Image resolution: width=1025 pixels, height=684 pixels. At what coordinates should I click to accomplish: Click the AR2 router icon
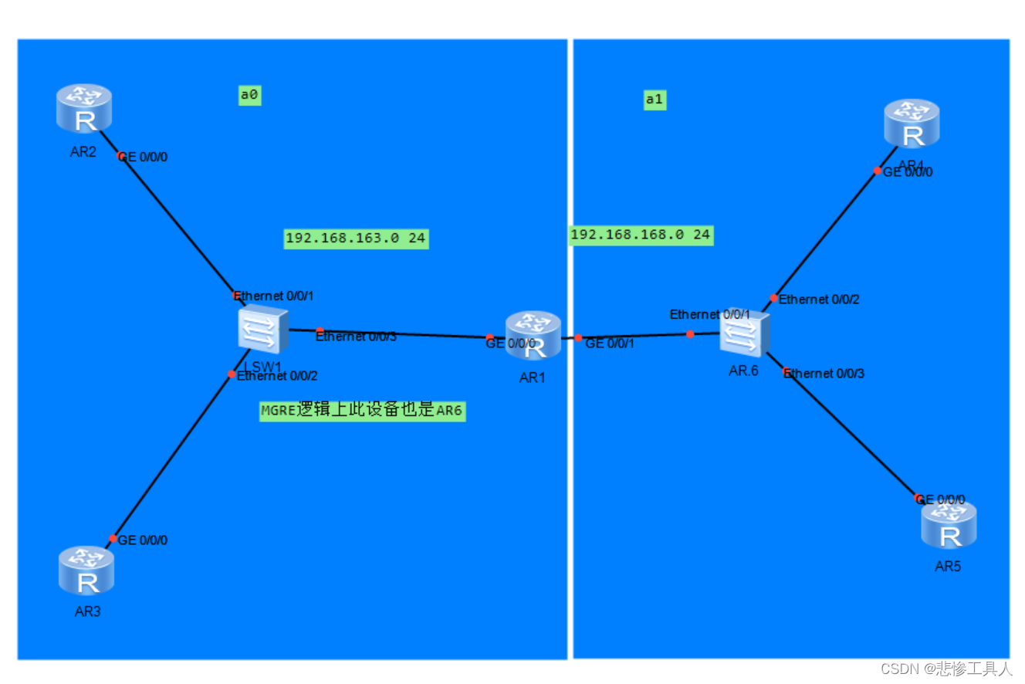tap(84, 109)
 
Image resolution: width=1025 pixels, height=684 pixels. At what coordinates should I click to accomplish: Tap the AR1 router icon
tap(533, 335)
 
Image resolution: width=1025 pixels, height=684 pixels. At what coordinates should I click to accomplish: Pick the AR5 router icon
tap(949, 525)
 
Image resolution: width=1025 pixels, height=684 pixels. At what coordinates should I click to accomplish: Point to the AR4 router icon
tap(912, 125)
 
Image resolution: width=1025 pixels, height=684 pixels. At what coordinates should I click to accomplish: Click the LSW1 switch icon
tap(262, 330)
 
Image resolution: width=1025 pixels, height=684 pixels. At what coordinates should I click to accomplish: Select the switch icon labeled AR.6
tap(745, 334)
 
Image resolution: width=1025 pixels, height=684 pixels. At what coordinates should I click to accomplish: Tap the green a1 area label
tap(655, 99)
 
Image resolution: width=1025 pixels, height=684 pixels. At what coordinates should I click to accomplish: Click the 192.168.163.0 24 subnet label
tap(356, 239)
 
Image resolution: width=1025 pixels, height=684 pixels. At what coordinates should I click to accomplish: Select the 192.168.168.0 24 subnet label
tap(641, 235)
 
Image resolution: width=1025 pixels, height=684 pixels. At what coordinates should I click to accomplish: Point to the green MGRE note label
tap(362, 410)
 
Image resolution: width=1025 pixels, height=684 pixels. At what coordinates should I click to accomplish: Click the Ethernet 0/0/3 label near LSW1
tap(356, 336)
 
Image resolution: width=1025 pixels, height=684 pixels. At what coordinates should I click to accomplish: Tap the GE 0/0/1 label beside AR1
tap(610, 344)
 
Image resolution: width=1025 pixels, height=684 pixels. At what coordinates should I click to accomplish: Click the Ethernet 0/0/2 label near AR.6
tap(818, 300)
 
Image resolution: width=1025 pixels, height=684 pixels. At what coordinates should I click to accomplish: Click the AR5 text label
tap(948, 566)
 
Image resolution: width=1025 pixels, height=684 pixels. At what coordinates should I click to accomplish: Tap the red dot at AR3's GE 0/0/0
tap(113, 539)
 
